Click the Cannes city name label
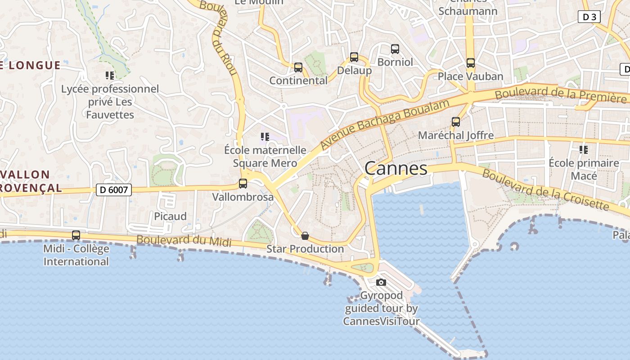(396, 168)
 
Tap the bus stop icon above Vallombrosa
(243, 184)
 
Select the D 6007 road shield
(114, 190)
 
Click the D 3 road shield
(589, 17)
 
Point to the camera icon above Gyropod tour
(381, 282)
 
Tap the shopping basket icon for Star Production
(305, 236)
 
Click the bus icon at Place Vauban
(471, 63)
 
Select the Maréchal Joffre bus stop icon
(456, 122)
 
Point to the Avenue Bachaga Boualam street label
(385, 125)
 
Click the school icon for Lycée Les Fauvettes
(110, 76)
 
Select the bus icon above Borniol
(395, 49)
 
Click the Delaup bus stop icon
(354, 58)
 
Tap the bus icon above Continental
(298, 67)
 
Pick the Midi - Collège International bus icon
(76, 235)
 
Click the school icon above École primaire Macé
(584, 150)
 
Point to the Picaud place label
(170, 216)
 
